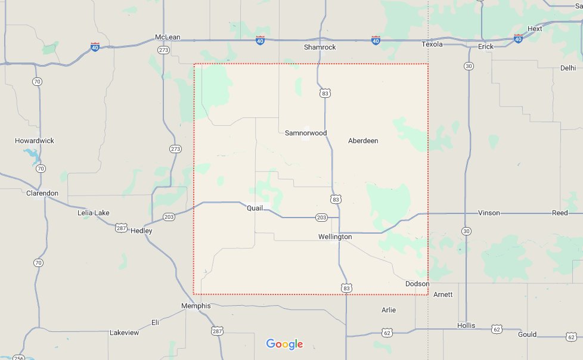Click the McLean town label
click(168, 37)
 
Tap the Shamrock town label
click(320, 47)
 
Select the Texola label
click(432, 45)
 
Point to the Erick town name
click(486, 46)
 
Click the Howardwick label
click(35, 141)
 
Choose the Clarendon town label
click(42, 193)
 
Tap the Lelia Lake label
click(94, 213)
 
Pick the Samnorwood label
click(306, 133)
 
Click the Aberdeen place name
click(363, 141)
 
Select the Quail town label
click(255, 208)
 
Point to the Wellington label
click(335, 237)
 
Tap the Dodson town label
click(417, 284)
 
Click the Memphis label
click(196, 306)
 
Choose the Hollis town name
click(466, 325)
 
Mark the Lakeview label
click(124, 333)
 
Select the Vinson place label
click(489, 213)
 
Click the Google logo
click(284, 344)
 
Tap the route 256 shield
click(19, 358)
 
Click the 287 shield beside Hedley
click(122, 228)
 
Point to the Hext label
click(535, 29)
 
